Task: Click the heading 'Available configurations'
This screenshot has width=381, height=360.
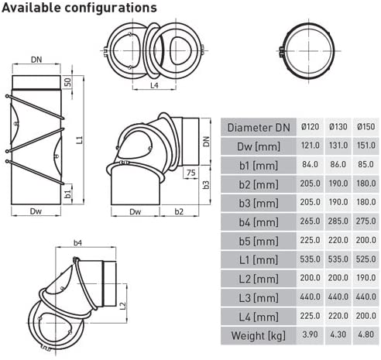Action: click(79, 8)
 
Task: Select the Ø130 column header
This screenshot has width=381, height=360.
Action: click(338, 127)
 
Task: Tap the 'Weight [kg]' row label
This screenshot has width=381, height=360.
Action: click(259, 335)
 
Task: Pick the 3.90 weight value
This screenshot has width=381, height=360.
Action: click(310, 334)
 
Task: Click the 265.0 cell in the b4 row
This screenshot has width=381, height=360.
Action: click(310, 221)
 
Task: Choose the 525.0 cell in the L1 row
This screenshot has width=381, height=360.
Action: click(366, 259)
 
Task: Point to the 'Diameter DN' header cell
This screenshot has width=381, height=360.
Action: click(259, 128)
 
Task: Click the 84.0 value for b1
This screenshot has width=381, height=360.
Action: click(310, 164)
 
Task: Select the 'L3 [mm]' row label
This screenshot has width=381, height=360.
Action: click(259, 298)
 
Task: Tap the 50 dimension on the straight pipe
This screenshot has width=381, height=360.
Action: click(67, 82)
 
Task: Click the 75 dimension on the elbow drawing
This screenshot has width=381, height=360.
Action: click(190, 173)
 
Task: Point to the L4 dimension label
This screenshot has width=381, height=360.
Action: click(154, 85)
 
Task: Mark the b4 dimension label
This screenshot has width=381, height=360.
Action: click(77, 242)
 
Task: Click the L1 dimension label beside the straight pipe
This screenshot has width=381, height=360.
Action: click(81, 139)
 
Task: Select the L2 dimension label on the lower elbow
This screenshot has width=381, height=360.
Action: click(122, 306)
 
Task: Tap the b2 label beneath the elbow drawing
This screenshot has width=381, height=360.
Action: click(179, 211)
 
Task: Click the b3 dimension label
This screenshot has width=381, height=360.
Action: click(206, 184)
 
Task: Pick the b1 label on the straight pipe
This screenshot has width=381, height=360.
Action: click(67, 194)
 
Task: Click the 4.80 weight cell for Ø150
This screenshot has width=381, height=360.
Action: click(366, 334)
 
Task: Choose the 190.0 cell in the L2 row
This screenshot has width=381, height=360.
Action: click(366, 278)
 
